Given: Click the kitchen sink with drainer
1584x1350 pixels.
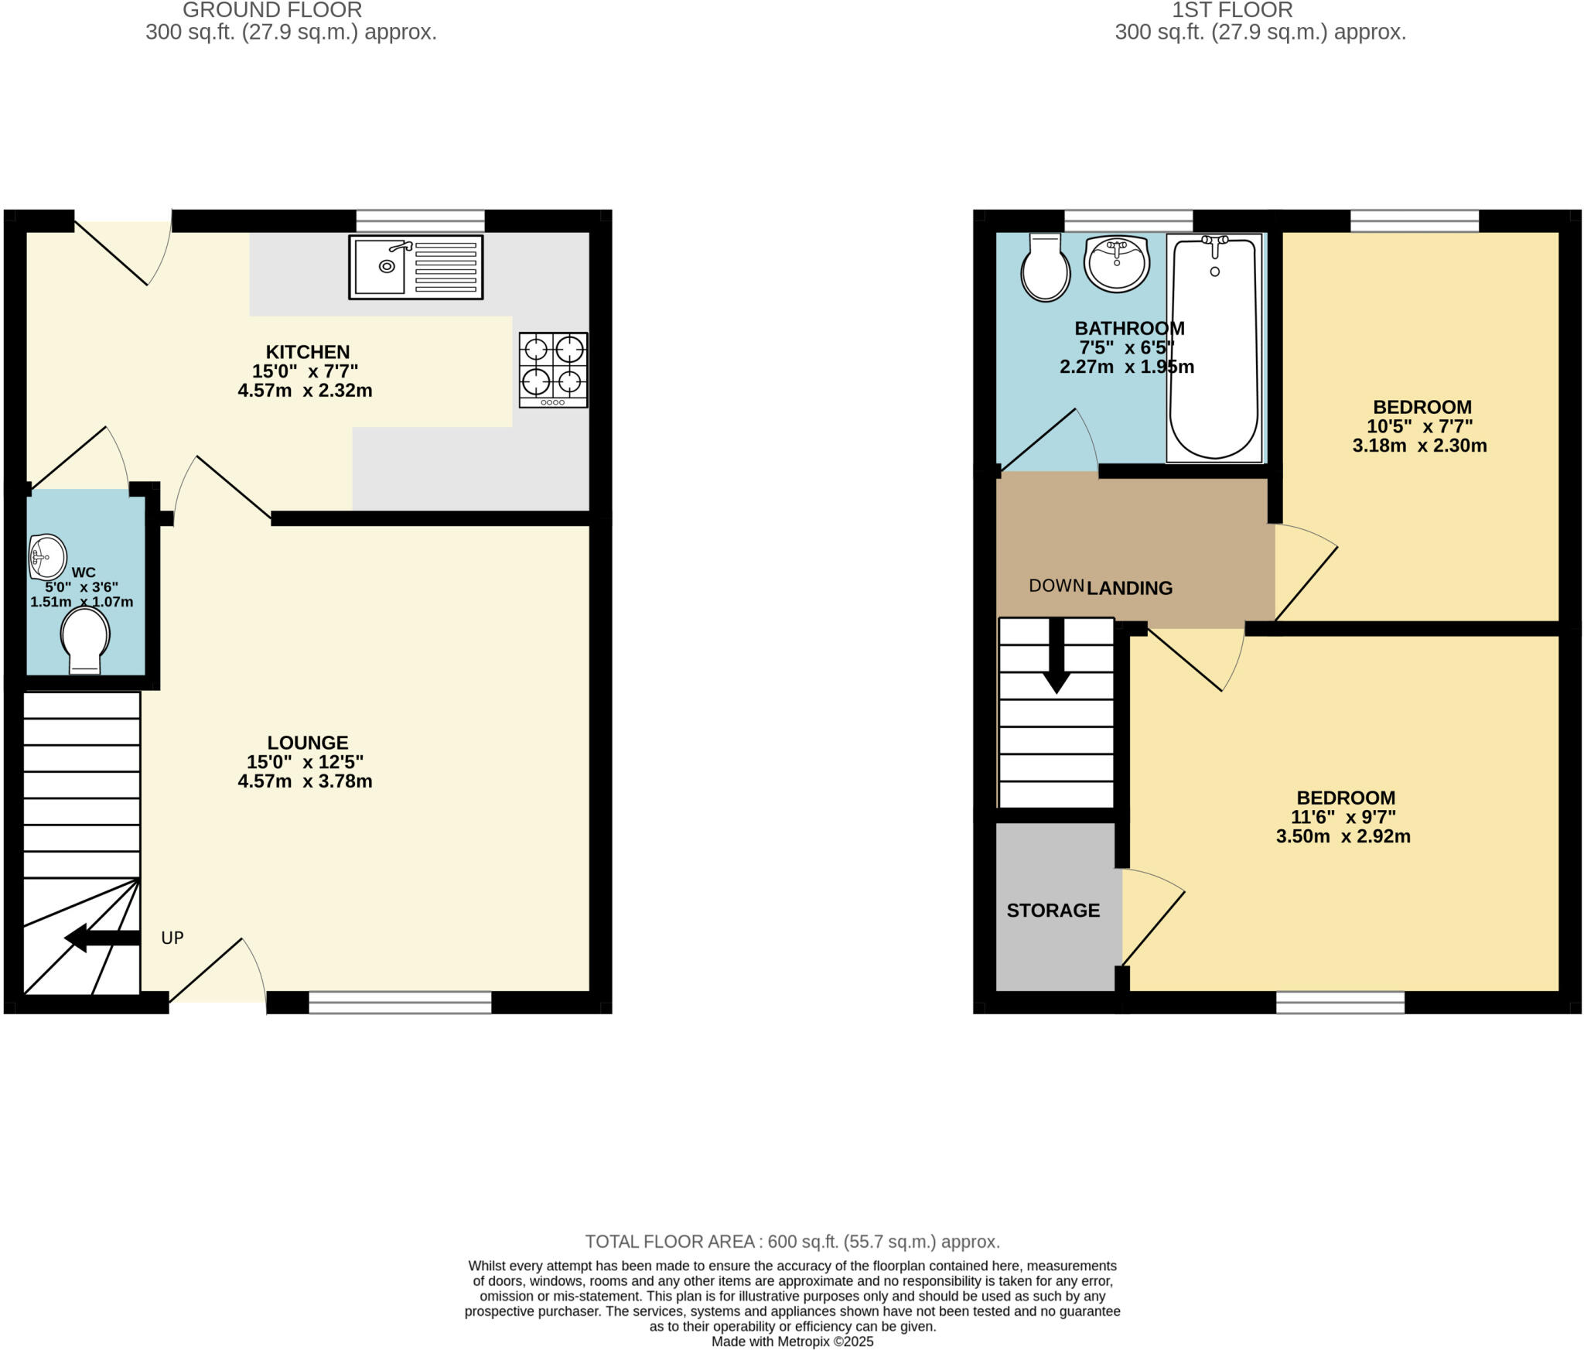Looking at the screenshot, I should point(416,267).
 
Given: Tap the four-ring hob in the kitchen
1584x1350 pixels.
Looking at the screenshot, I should point(553,370).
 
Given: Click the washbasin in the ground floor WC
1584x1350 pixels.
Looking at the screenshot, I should point(46,556).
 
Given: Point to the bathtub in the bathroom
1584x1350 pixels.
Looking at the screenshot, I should point(1214,348).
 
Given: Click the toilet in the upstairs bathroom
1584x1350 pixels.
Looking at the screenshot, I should point(1045,268).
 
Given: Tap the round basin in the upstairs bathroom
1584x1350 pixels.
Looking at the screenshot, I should point(1117,263).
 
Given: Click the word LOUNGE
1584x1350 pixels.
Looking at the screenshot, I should point(308,743).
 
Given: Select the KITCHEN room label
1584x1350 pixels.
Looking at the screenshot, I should point(308,352).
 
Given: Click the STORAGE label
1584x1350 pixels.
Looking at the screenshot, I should point(1053,911).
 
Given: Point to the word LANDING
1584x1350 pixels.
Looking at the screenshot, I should point(1129,588).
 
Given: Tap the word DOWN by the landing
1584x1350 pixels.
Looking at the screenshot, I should point(1056,586).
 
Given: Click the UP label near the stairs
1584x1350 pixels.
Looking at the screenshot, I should point(172,938).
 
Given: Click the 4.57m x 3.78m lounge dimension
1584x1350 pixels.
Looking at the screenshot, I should point(305,781).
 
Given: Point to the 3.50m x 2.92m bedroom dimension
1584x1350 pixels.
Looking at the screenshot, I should point(1343,836).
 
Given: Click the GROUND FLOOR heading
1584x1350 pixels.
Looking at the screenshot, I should point(272,11).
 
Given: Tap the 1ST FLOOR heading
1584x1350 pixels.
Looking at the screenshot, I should point(1232,11).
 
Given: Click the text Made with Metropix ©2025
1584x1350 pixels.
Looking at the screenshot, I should point(792,1341).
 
